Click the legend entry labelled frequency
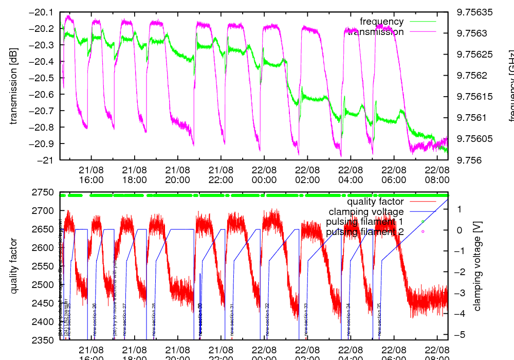pyautogui.click(x=381, y=22)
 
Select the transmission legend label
pyautogui.click(x=375, y=32)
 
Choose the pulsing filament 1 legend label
pyautogui.click(x=365, y=222)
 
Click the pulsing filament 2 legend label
pyautogui.click(x=365, y=232)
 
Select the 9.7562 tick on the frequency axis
pyautogui.click(x=469, y=76)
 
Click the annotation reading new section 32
pyautogui.click(x=267, y=319)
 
